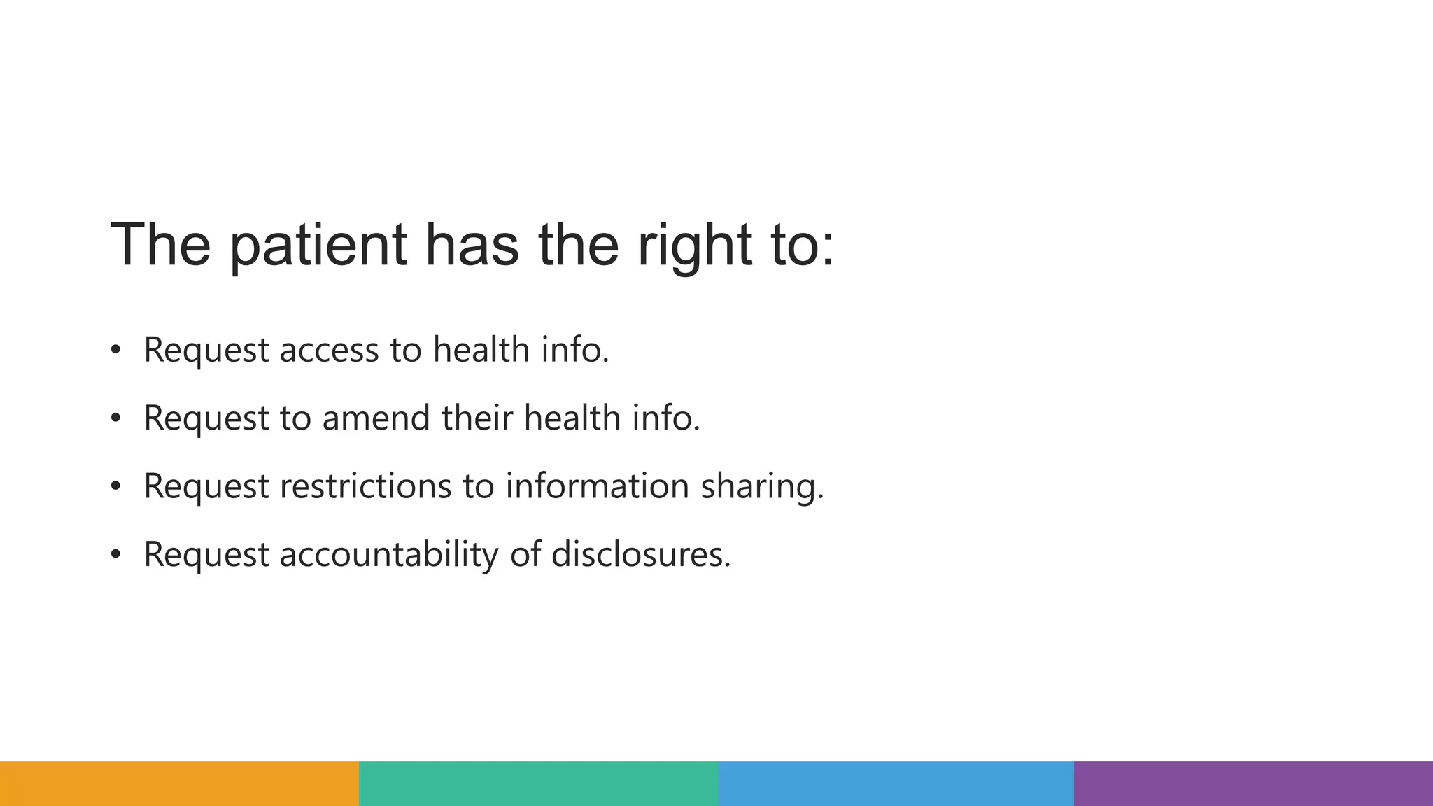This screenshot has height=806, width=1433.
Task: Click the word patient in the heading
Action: tap(318, 246)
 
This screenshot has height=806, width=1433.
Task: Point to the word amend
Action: tap(376, 418)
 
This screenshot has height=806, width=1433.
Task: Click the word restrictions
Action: tap(365, 486)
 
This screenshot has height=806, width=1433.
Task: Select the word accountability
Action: tap(389, 554)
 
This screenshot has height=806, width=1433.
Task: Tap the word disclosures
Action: tap(641, 554)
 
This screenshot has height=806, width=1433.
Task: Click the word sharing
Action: tap(762, 486)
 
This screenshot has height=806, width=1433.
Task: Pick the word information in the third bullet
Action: tap(597, 486)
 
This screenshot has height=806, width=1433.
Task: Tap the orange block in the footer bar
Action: tap(179, 784)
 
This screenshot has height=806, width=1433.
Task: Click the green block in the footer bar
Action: tap(538, 784)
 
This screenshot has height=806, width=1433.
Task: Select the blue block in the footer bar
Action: tap(896, 784)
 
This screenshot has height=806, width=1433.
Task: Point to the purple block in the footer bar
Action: tap(1253, 784)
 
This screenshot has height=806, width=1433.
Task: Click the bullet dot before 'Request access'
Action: tap(115, 350)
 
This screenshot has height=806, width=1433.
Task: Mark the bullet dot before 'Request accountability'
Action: tap(115, 555)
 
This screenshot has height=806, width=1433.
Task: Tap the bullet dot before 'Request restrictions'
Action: tap(115, 486)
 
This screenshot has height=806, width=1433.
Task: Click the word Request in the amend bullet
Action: tap(206, 418)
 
